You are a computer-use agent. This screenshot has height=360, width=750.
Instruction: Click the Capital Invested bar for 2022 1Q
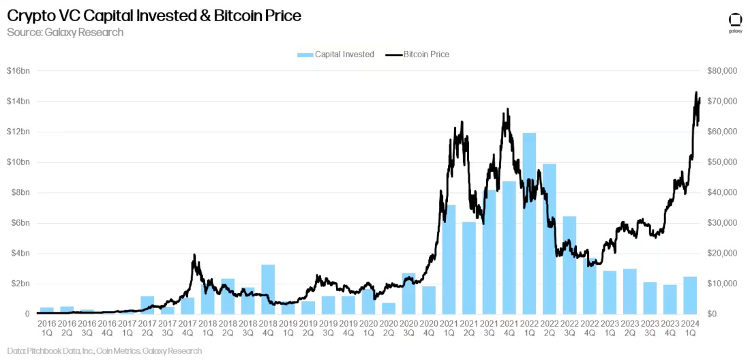pos(529,225)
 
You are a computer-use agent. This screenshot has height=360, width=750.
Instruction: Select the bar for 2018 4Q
pos(268,290)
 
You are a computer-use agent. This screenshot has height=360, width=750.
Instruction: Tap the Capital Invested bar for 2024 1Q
pos(690,296)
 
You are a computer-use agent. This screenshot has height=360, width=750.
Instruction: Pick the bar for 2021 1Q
pos(449,260)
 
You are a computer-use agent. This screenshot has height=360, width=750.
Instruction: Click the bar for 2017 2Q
pos(147,305)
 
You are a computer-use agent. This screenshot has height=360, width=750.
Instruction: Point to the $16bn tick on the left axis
pos(18,71)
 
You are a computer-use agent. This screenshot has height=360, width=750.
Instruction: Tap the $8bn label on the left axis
pos(18,192)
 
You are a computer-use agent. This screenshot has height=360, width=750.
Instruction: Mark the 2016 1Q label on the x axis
pos(46,328)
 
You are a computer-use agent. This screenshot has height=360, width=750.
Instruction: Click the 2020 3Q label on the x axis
pos(408,328)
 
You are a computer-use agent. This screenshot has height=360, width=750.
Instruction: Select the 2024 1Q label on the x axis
pos(690,328)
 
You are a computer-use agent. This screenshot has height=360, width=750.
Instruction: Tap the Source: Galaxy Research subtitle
pos(65,32)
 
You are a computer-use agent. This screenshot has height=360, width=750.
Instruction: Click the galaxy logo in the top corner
pos(735,22)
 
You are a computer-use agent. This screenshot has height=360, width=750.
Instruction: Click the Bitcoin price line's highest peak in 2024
pos(696,92)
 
